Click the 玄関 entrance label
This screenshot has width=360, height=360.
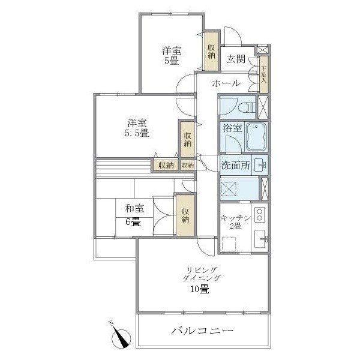[x=236, y=59]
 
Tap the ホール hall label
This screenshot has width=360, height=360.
[x=227, y=83]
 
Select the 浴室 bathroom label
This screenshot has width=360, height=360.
[x=232, y=128]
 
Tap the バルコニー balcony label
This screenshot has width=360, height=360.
[x=202, y=331]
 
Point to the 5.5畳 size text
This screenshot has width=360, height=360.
[x=137, y=133]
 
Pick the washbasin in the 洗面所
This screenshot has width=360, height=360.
[x=259, y=164]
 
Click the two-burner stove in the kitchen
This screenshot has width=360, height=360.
[x=259, y=214]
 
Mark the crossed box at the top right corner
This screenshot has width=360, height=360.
[x=263, y=50]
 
